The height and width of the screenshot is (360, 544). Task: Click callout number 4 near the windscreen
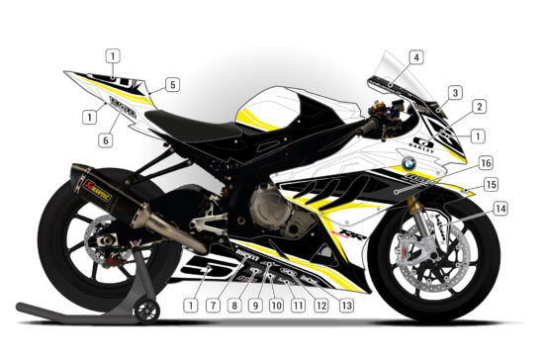click(416, 57)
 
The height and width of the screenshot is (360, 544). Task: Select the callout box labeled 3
click(455, 93)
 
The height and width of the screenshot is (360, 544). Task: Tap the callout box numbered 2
click(479, 106)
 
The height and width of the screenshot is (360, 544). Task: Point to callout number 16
click(486, 161)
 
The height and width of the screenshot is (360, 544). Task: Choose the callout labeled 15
click(491, 185)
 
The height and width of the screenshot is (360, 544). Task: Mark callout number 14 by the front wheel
click(501, 209)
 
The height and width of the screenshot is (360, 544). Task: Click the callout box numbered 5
click(172, 85)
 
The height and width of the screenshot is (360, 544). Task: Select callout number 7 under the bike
click(212, 306)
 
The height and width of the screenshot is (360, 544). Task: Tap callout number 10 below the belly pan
click(276, 306)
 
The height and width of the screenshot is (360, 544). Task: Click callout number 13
click(346, 306)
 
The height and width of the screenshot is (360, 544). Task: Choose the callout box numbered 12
click(321, 306)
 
